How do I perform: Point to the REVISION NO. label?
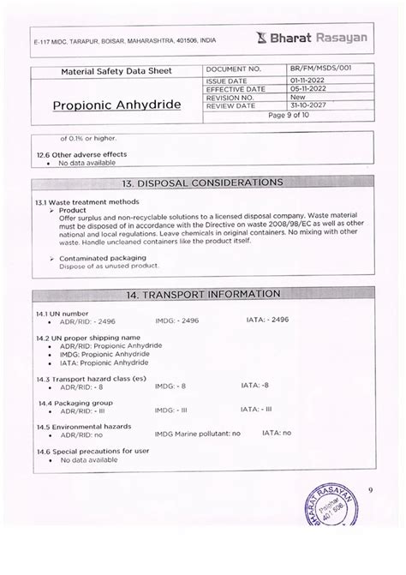tap(232, 97)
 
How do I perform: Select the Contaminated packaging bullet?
tap(102, 257)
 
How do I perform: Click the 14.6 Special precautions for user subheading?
tap(93, 450)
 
